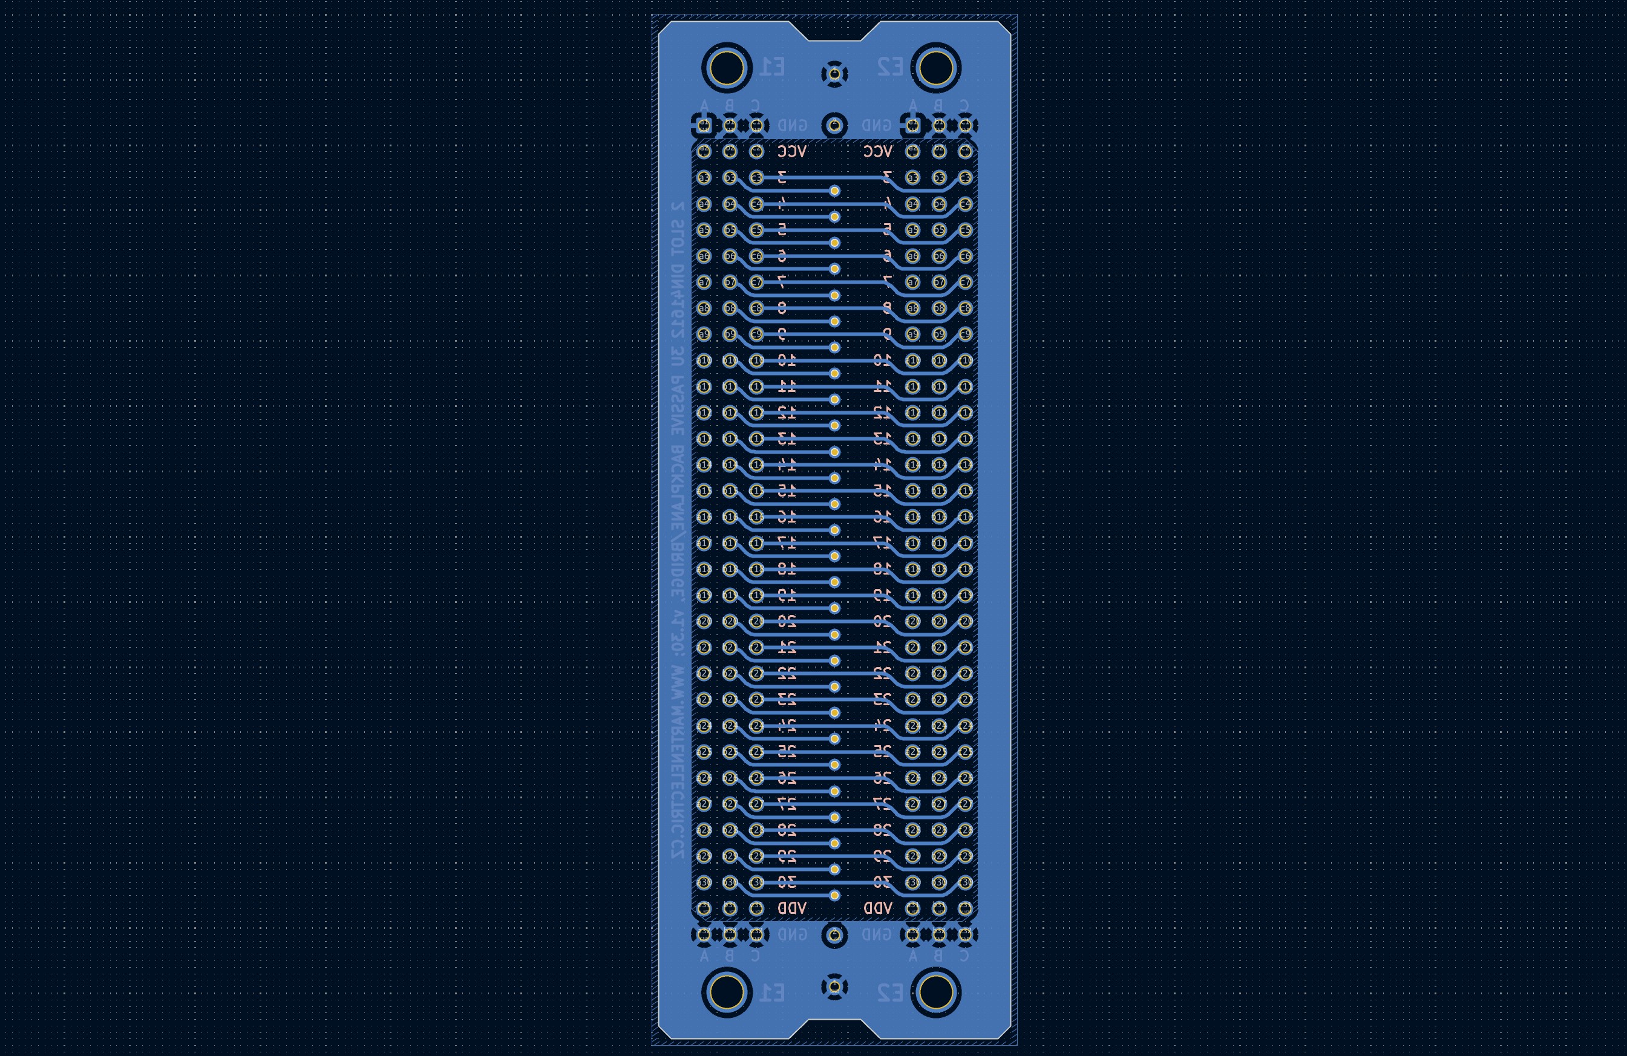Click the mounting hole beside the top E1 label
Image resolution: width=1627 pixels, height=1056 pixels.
tap(726, 68)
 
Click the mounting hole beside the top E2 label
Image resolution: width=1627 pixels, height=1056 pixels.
tap(936, 68)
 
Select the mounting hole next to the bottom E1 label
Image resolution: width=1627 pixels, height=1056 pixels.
tap(726, 992)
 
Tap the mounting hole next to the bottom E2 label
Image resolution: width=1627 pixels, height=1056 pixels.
tap(936, 992)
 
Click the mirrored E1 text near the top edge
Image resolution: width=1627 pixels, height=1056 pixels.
tap(773, 67)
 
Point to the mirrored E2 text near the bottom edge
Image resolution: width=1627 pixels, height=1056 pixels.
tap(889, 992)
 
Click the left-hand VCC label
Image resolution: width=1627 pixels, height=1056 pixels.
tap(792, 151)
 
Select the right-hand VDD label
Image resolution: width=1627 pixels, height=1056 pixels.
tap(878, 908)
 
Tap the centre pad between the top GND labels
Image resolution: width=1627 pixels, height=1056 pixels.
tap(834, 125)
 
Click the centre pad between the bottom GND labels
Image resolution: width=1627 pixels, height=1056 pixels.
tap(834, 934)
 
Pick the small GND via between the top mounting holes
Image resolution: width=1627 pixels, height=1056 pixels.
tap(834, 74)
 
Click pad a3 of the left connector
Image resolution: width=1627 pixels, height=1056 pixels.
tap(704, 178)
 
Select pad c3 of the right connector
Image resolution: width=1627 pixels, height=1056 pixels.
tap(965, 178)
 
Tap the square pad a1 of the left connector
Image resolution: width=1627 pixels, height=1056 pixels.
tap(704, 125)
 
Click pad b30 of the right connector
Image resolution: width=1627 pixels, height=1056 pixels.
tap(939, 882)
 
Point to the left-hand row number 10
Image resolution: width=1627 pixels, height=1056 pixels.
tap(787, 360)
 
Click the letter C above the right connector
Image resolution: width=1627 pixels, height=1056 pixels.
tap(964, 105)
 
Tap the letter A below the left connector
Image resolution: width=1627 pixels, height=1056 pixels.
tap(704, 956)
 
